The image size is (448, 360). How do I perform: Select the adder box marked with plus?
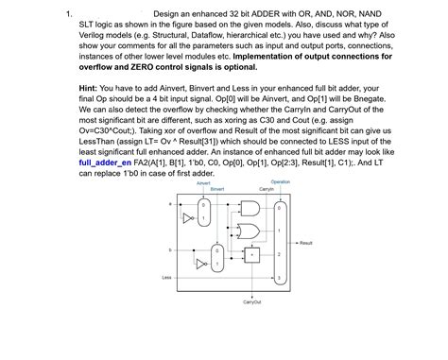point(252,254)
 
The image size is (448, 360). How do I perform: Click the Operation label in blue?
point(280,181)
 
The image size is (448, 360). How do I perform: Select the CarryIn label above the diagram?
point(266,190)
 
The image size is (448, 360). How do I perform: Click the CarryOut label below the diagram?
point(252,302)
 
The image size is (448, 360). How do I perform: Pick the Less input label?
point(166,277)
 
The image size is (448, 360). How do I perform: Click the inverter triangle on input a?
point(187,218)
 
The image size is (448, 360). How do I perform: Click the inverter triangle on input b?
point(201,264)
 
